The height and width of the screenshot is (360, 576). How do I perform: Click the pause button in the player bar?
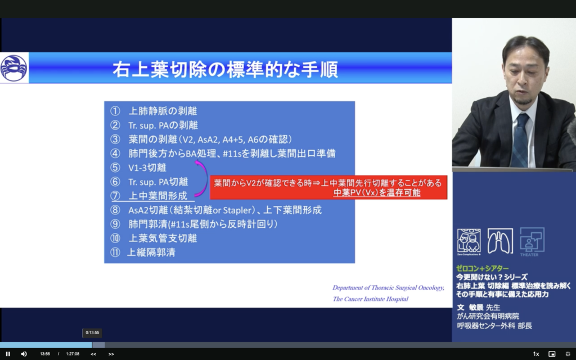click(8, 354)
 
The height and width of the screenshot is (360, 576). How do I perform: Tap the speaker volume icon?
click(24, 354)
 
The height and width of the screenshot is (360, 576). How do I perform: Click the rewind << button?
click(93, 354)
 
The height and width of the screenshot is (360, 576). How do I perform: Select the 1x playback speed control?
click(536, 354)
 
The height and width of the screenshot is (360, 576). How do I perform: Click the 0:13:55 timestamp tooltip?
click(92, 333)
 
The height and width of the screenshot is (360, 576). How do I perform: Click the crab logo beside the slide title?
click(13, 68)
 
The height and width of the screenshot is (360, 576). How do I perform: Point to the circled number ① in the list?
click(115, 111)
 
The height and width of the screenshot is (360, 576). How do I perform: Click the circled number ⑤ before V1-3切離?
click(115, 168)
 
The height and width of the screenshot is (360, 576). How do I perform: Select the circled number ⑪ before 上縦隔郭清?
click(115, 253)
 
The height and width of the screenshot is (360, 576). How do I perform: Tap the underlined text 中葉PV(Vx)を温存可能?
click(376, 193)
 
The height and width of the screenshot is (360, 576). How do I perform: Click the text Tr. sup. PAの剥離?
click(163, 125)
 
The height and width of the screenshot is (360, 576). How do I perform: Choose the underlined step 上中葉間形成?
click(157, 196)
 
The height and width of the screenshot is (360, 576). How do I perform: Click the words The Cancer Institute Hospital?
click(370, 299)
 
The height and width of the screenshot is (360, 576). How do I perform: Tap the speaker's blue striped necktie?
click(521, 140)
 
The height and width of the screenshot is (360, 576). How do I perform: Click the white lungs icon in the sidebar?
click(500, 241)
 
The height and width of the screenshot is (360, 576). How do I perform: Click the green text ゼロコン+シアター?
click(482, 268)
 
